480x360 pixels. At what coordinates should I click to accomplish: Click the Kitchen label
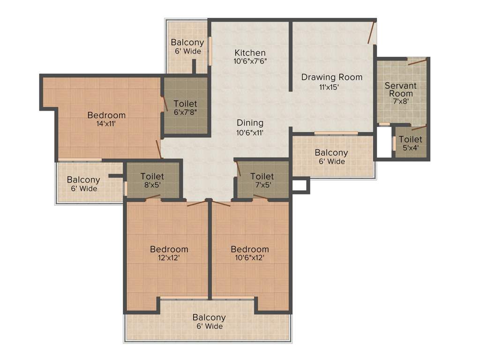point(250,52)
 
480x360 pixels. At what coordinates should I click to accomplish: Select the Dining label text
point(250,123)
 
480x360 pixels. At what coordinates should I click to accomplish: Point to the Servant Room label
point(400,90)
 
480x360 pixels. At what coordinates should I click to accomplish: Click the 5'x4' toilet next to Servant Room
point(410,143)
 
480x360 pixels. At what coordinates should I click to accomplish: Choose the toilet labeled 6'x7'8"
point(185,107)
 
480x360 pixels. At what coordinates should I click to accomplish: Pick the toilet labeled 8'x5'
point(152,180)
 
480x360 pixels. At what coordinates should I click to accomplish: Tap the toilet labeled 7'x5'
point(262,180)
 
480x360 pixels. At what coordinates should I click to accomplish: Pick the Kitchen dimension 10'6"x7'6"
point(250,61)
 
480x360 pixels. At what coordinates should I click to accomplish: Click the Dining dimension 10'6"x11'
point(250,133)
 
